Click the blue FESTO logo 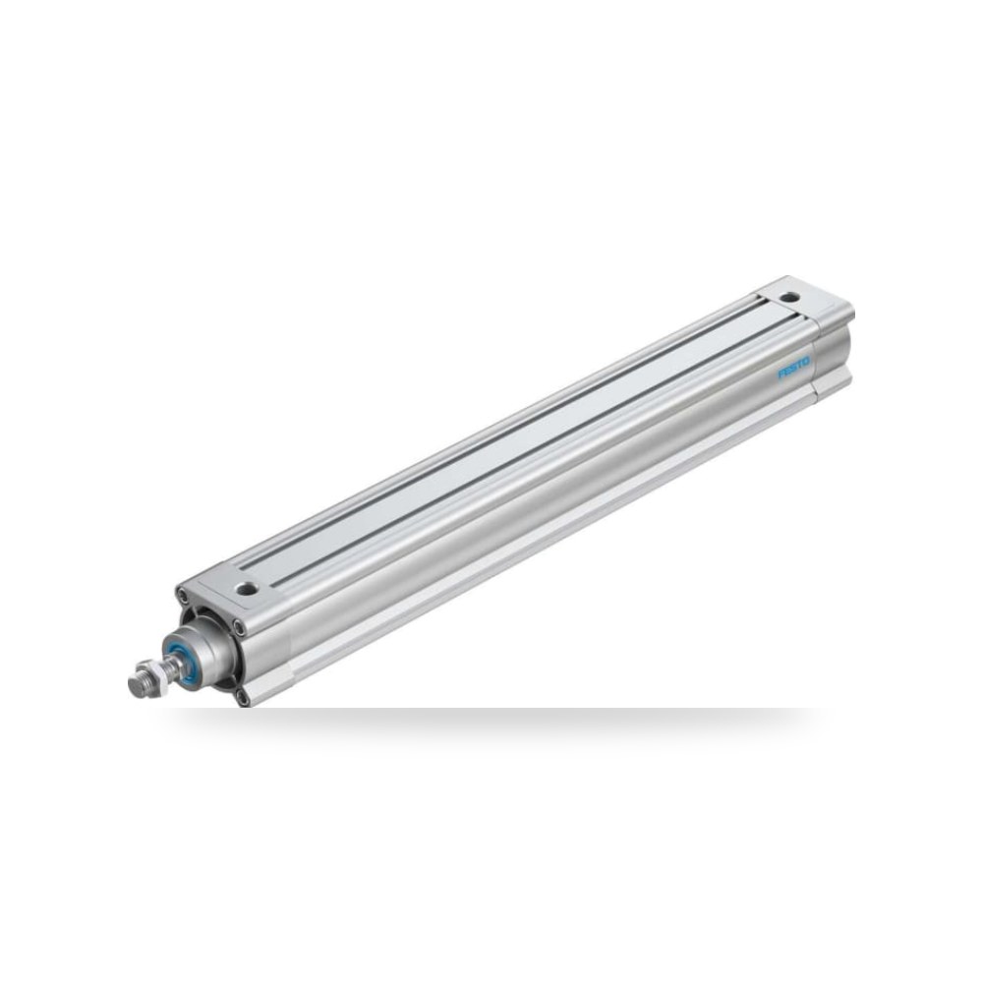[x=793, y=368]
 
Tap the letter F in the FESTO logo [x=781, y=375]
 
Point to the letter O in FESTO [x=806, y=362]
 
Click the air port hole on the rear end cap [x=786, y=296]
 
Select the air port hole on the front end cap [x=247, y=589]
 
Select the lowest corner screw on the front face [x=242, y=696]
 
